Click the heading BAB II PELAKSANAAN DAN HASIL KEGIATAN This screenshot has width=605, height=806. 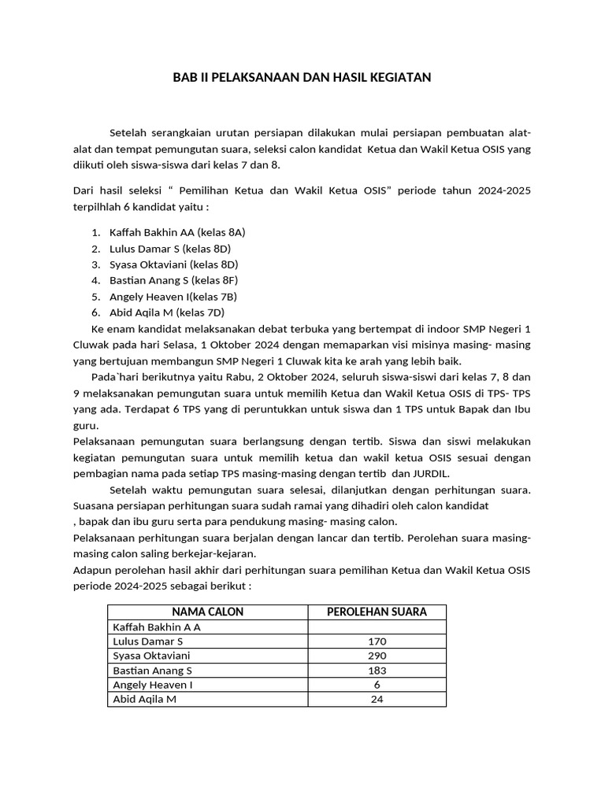point(302,78)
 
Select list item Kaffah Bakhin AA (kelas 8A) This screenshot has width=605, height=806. point(177,232)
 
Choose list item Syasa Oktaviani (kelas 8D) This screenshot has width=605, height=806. point(173,264)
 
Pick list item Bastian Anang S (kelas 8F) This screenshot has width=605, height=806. point(173,280)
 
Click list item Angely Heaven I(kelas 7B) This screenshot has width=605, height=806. point(173,297)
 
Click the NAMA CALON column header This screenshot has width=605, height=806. point(207,612)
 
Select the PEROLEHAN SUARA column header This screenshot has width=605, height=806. point(377,612)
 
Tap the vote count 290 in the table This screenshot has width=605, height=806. point(377,656)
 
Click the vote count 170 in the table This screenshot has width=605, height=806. point(377,641)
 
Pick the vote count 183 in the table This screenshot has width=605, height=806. point(377,671)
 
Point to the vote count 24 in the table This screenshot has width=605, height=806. point(377,699)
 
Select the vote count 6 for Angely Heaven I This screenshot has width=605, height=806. point(377,685)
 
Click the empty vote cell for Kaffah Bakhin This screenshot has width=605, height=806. point(377,627)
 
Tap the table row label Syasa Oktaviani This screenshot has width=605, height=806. point(151,656)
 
